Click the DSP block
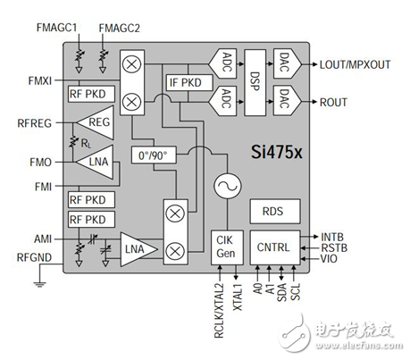coord(255,82)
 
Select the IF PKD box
coord(189,82)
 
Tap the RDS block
coord(275,212)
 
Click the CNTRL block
coord(275,247)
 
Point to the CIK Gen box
coord(227,247)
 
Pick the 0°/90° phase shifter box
coord(154,155)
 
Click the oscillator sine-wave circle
coord(228,186)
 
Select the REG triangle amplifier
coord(96,122)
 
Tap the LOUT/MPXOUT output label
coord(355,64)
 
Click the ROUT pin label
coord(333,102)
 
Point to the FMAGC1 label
coord(56,28)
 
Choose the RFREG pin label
coord(34,123)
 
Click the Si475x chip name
coord(277,152)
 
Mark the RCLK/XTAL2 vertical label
coord(219,311)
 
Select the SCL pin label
coord(295,292)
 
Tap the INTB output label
coord(332,238)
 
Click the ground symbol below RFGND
coord(39,284)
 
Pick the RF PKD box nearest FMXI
coord(91,94)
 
